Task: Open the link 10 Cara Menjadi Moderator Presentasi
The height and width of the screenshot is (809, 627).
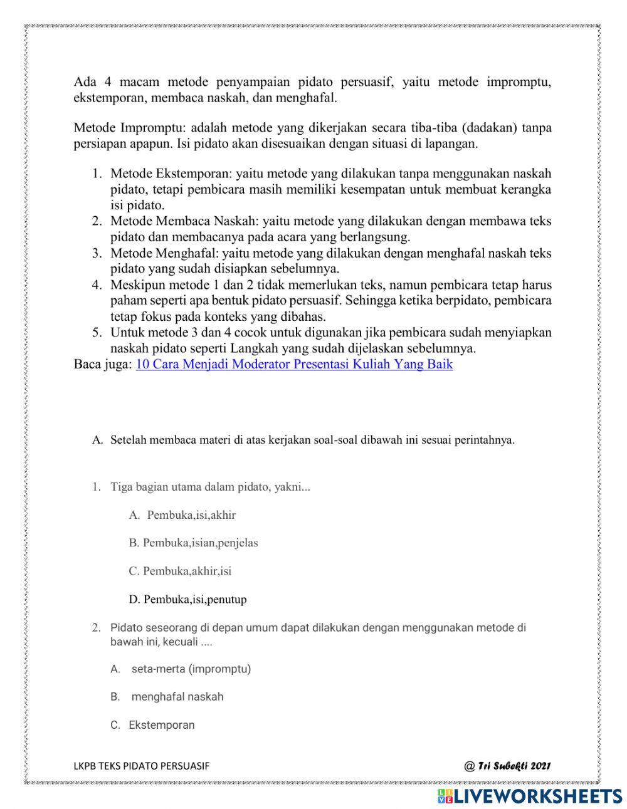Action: point(293,364)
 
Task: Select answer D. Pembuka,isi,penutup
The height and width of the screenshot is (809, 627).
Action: point(187,599)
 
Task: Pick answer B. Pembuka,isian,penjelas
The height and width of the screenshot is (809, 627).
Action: point(193,543)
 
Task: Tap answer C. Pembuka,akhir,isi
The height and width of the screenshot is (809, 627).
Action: point(180,571)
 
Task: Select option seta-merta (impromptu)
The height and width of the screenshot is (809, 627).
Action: point(191,669)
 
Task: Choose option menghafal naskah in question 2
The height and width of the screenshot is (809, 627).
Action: point(177,696)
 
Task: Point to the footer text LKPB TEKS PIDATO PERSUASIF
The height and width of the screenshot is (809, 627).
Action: point(142,766)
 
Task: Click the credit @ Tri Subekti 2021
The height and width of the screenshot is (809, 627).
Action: point(507,766)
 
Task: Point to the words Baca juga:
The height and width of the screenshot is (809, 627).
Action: point(102,364)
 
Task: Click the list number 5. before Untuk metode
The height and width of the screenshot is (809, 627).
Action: point(97,332)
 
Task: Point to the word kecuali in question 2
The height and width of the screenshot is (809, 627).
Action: point(179,642)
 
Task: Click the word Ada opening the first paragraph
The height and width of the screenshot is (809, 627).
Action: point(85,83)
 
